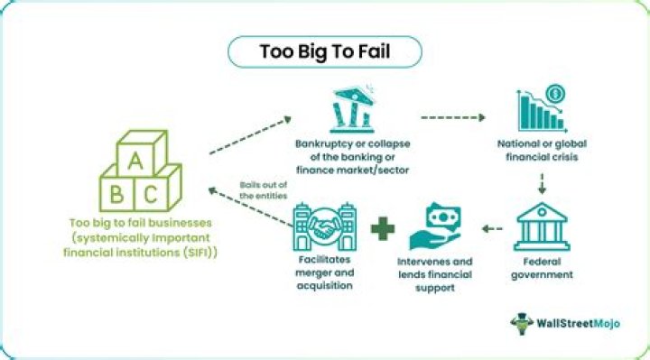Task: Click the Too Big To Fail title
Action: click(325, 51)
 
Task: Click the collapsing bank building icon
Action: click(352, 109)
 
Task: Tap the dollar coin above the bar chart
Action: click(555, 94)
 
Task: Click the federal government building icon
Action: click(542, 226)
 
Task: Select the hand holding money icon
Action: click(435, 226)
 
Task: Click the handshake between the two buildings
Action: click(325, 227)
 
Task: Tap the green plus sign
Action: click(383, 228)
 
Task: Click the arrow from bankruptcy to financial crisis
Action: click(453, 117)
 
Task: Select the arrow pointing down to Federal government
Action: click(542, 184)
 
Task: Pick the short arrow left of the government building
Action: click(492, 228)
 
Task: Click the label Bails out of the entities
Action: click(264, 190)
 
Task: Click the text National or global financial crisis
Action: click(542, 150)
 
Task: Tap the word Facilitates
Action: click(325, 259)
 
